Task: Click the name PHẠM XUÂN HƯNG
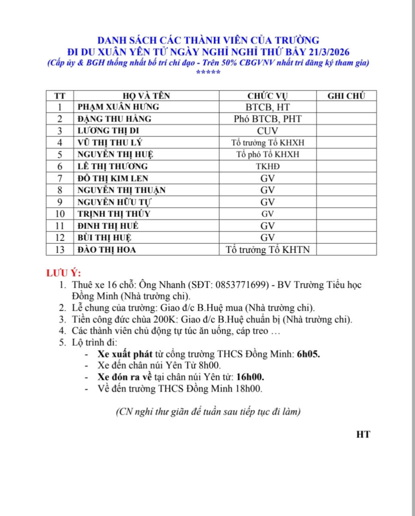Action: point(118,107)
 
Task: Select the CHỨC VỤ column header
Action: point(268,96)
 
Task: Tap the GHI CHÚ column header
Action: point(346,96)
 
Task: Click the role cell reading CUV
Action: point(268,131)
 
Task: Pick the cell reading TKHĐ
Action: point(268,166)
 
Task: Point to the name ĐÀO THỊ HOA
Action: point(107,250)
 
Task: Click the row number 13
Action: point(60,250)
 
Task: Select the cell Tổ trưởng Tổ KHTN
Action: point(268,250)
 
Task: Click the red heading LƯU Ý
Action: point(64,273)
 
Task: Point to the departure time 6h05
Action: point(308,354)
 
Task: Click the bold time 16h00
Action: point(250,377)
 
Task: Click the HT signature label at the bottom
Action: point(363,435)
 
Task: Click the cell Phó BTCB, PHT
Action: point(268,119)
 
